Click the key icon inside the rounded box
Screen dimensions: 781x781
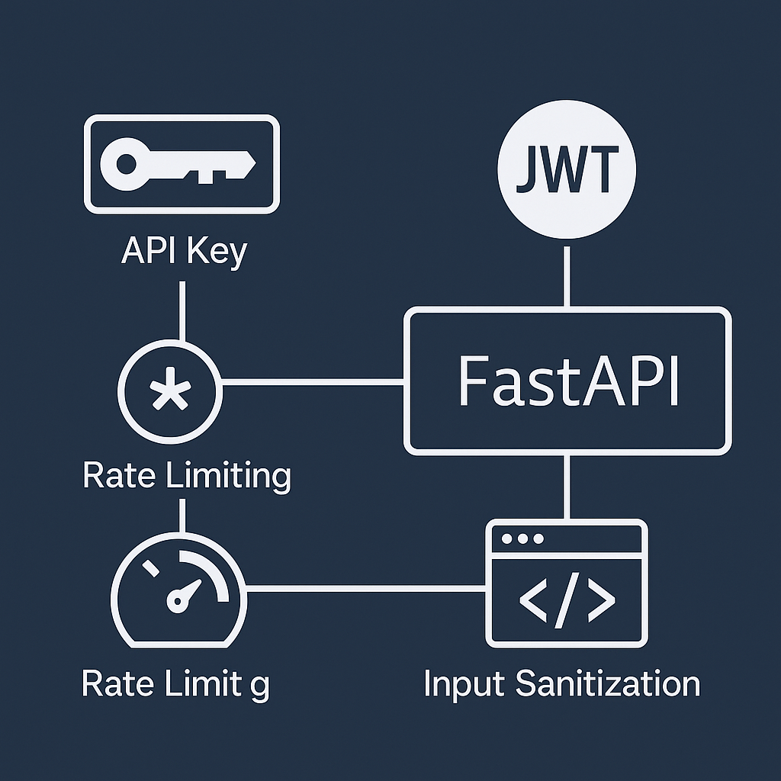[181, 162]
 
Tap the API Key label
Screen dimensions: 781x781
[184, 252]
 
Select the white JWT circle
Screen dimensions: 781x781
[566, 172]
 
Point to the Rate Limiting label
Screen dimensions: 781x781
[186, 475]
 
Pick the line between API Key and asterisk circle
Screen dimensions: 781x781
[182, 311]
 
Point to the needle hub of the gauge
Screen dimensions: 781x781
[178, 603]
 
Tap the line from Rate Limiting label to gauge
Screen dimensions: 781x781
[182, 515]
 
